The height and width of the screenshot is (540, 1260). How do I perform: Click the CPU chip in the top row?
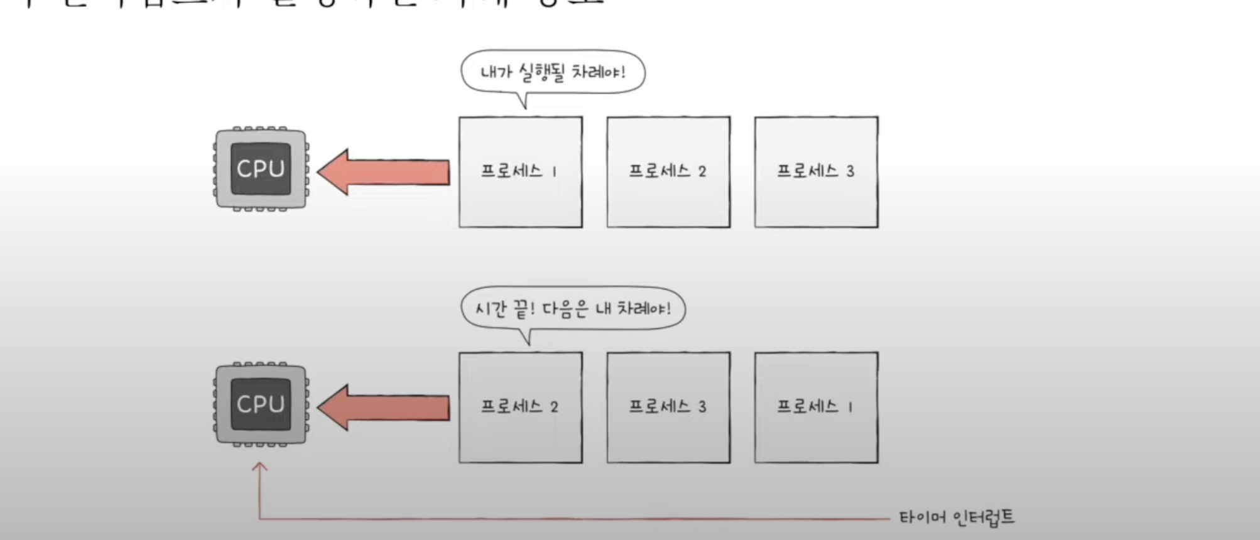click(261, 168)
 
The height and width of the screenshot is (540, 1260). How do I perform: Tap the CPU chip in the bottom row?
click(261, 404)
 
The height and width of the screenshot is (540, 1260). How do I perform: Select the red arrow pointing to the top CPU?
click(383, 172)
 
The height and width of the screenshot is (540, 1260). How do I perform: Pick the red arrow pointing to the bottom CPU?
click(383, 408)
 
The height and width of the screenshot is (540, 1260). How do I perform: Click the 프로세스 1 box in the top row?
click(520, 172)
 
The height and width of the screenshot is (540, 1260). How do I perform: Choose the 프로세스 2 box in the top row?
click(668, 172)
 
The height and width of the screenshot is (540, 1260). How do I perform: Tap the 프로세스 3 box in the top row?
click(816, 172)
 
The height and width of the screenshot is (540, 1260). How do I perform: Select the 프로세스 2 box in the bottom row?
click(520, 408)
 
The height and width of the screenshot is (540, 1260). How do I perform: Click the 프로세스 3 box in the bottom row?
click(668, 408)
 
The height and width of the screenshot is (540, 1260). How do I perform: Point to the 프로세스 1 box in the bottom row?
click(816, 408)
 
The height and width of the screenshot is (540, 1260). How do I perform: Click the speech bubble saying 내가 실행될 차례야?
click(553, 72)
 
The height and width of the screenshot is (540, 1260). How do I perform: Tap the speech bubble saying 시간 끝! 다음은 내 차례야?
click(573, 308)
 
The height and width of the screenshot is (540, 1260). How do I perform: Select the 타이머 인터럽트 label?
click(956, 518)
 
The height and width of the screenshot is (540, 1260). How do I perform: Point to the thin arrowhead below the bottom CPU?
click(259, 467)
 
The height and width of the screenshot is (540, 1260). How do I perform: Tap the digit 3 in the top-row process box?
click(850, 171)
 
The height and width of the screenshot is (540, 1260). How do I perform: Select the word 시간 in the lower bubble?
click(490, 309)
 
